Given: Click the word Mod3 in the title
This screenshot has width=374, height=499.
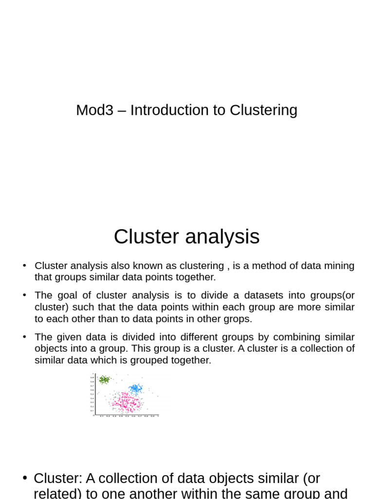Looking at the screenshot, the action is tap(94, 111).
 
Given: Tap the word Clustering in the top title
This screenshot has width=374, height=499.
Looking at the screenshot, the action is tap(263, 111).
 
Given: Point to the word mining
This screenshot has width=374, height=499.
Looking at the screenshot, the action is tap(338, 266).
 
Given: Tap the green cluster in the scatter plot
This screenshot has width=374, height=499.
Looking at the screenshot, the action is tap(104, 380).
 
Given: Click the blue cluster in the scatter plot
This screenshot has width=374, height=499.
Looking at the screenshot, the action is tap(135, 388).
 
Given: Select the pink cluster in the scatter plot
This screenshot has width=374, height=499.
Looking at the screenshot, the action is tap(125, 403).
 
